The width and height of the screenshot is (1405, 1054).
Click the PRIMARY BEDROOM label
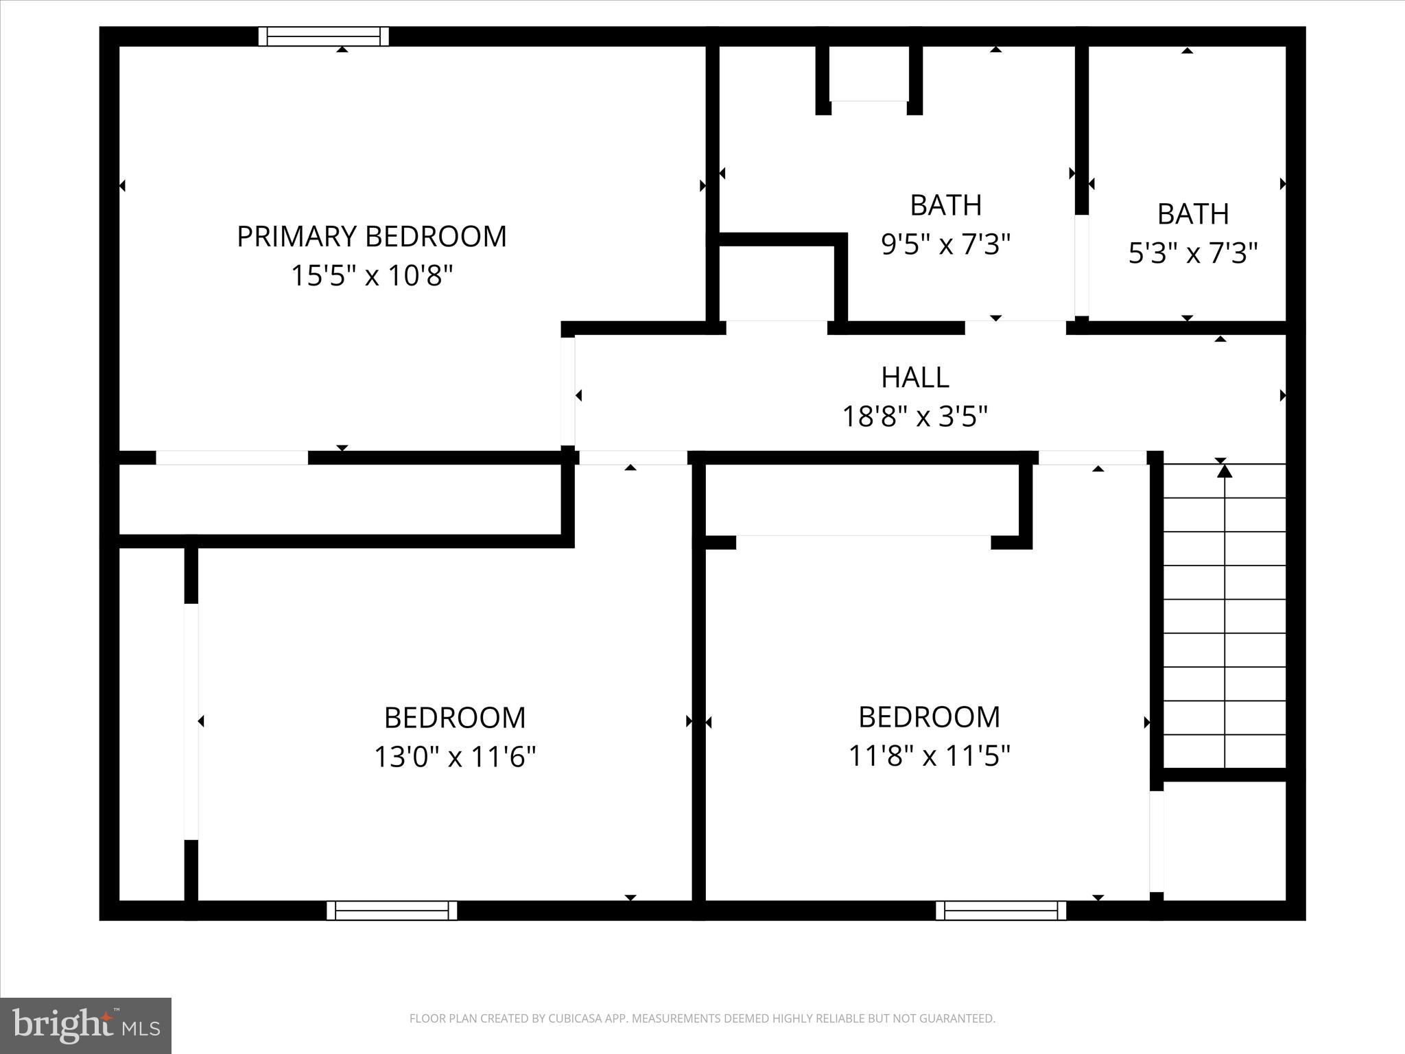[x=371, y=237]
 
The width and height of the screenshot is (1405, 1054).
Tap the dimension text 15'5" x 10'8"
[x=372, y=276]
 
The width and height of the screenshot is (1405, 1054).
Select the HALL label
[x=914, y=377]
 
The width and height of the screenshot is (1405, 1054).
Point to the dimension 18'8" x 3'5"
[x=914, y=416]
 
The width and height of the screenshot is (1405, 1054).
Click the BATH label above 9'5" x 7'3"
[x=945, y=205]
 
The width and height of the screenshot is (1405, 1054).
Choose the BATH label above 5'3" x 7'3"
[x=1192, y=214]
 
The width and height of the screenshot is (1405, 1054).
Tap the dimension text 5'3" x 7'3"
[x=1192, y=253]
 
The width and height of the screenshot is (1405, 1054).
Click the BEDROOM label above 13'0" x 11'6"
[x=454, y=718]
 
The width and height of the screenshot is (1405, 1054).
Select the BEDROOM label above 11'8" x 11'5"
[x=929, y=717]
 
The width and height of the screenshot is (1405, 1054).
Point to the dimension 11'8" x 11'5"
[x=929, y=756]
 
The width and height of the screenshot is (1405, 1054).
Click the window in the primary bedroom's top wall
[x=323, y=36]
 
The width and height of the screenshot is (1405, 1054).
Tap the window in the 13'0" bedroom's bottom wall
[x=392, y=911]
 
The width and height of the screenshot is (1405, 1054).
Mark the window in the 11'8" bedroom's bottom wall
[x=1001, y=911]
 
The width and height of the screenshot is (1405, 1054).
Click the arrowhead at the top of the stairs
[x=1225, y=471]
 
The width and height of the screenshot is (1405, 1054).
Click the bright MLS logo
[x=86, y=1025]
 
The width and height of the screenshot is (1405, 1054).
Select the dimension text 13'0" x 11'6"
[x=454, y=757]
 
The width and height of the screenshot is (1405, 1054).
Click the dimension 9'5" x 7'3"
[x=945, y=244]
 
